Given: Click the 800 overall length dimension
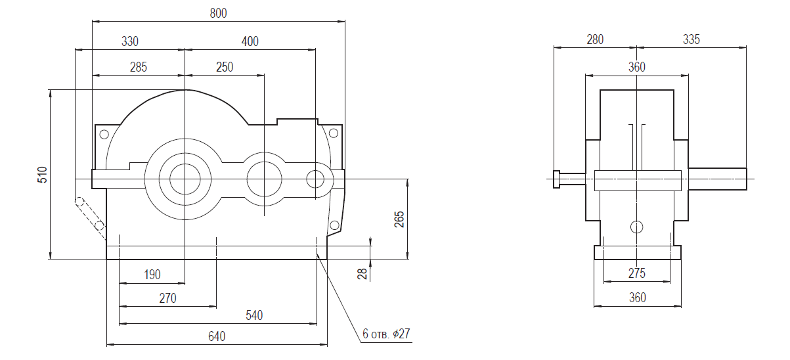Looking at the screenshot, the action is [218, 13].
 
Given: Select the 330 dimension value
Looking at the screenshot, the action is [130, 41].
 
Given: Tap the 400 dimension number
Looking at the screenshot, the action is [250, 41].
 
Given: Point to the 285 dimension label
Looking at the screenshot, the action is [139, 67].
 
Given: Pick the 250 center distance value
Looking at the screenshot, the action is [225, 67].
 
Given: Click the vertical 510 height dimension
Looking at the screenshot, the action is [42, 175].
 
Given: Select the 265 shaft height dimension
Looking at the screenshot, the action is [399, 219].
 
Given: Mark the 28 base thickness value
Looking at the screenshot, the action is [362, 274].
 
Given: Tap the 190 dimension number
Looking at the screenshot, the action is [152, 275].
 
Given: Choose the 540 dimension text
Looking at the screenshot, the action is [254, 315].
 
